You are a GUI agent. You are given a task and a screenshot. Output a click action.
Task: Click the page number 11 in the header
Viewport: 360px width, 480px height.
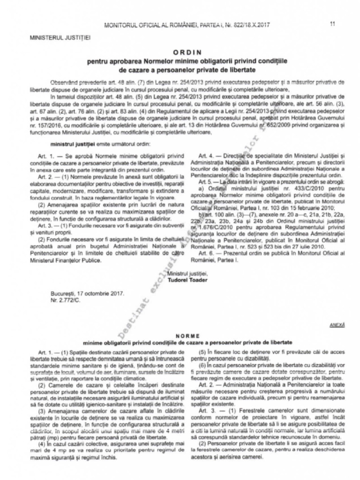click(x=333, y=24)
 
